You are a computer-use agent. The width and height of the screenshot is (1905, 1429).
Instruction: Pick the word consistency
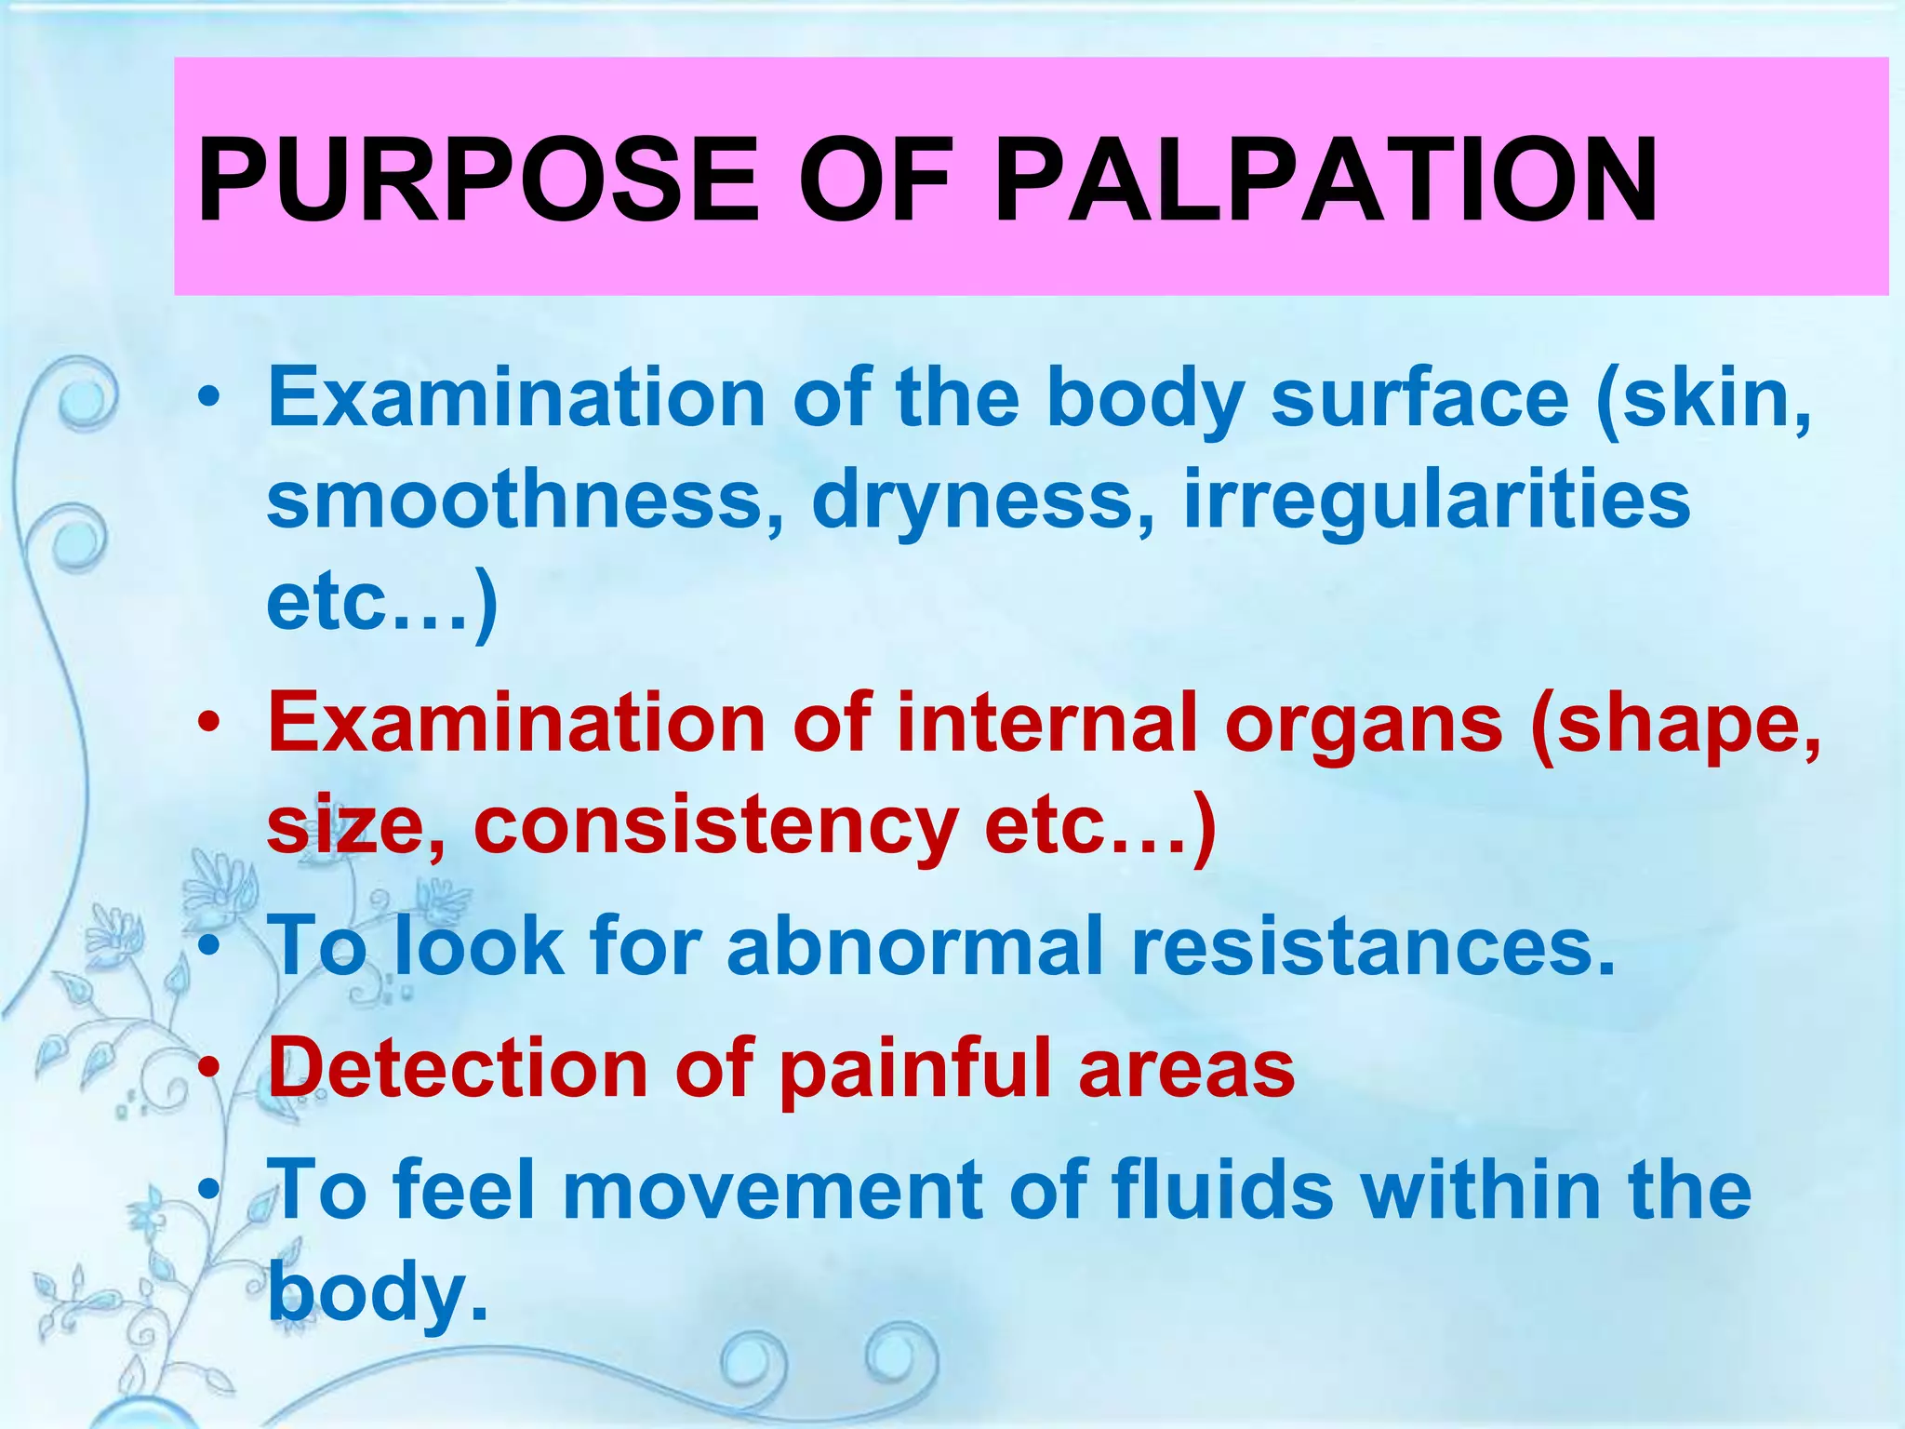click(x=716, y=826)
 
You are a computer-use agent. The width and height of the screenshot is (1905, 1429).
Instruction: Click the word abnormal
click(x=916, y=946)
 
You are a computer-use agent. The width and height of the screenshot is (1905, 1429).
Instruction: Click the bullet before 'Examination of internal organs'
click(x=213, y=723)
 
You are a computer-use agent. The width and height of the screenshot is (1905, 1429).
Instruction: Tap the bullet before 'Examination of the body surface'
click(x=213, y=399)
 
